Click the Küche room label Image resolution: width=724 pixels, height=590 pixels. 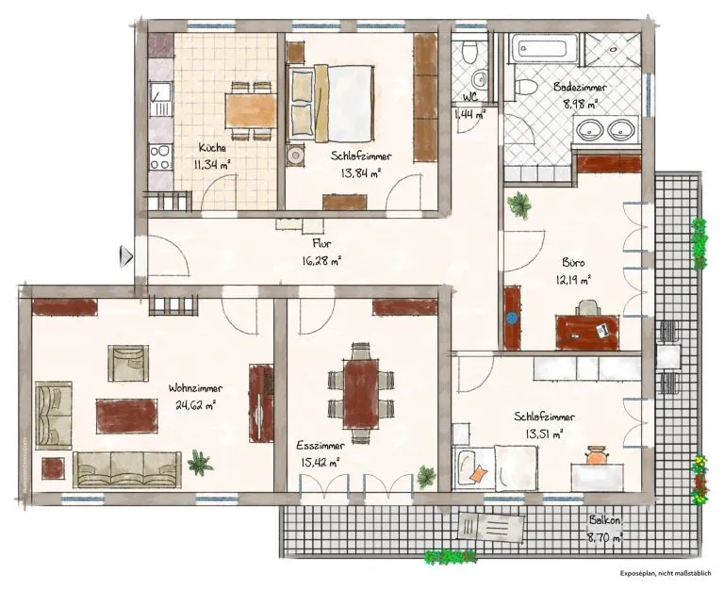coord(212,148)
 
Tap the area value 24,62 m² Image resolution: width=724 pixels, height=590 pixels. coord(196,405)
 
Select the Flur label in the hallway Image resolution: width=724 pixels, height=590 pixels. coord(321,243)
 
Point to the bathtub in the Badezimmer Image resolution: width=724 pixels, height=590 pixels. coord(543,47)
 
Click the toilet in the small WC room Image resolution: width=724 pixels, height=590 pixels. coord(469,50)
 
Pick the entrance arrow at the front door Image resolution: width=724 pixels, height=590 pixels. coord(126,256)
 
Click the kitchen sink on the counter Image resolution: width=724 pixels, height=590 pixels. coord(160,99)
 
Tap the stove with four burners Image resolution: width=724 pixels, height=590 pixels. coord(160,157)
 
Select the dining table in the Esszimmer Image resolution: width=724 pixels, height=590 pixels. coord(361,393)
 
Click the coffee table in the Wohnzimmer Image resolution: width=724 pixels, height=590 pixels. coord(127,416)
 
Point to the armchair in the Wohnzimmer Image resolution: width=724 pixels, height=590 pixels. coord(128,363)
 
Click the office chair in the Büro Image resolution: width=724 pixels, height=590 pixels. coord(588,307)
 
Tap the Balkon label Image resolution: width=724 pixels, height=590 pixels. coord(604,520)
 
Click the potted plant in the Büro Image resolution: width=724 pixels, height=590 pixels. coord(519,205)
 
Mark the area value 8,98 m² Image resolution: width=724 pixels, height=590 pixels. coord(581,104)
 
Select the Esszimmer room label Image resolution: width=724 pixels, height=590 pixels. coord(320,446)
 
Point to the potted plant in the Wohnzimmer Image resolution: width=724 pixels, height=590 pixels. coord(200,463)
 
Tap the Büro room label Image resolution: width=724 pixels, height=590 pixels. coord(573,263)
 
